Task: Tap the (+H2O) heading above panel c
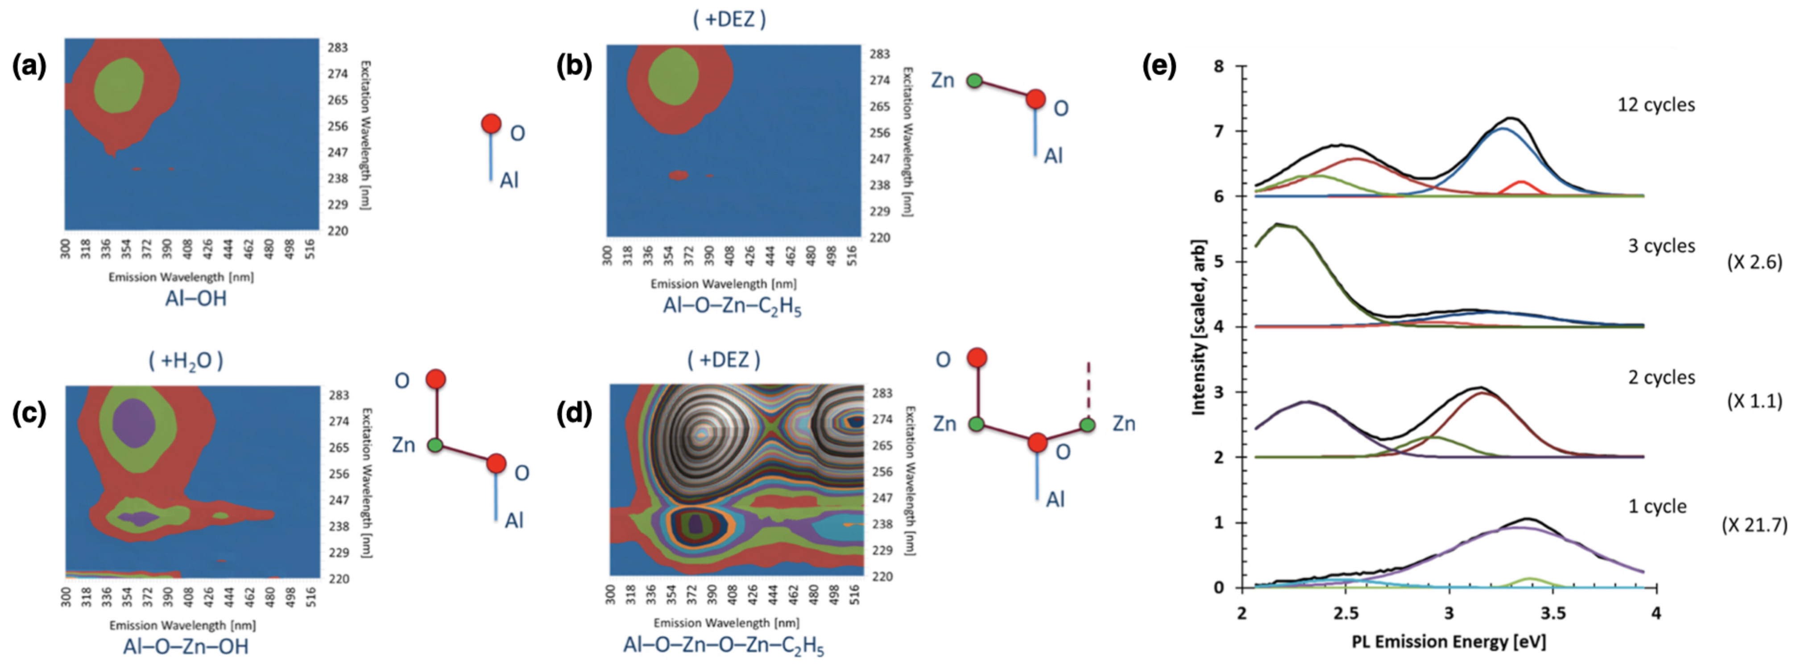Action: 186,361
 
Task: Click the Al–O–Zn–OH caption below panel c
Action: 186,647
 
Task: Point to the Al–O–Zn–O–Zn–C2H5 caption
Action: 724,645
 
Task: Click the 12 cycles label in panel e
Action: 1656,105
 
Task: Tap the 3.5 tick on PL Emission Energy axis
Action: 1553,614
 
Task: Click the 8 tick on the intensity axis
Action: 1219,66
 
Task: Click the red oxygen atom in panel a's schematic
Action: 491,124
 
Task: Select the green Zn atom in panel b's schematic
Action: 974,81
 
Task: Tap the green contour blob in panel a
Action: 119,84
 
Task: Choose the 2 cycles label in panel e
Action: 1661,377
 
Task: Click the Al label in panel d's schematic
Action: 1054,500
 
